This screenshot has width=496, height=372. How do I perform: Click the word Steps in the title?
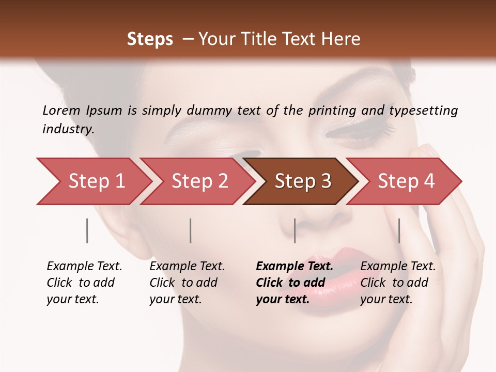(x=150, y=39)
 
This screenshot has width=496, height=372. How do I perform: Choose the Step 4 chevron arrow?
(x=406, y=181)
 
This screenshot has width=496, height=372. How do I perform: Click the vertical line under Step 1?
(x=87, y=230)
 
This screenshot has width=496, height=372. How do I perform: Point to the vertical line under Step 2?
(x=191, y=230)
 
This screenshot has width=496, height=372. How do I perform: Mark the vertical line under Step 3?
(x=295, y=230)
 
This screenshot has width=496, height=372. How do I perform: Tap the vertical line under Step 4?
(x=399, y=230)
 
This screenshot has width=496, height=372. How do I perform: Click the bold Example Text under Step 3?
(x=295, y=283)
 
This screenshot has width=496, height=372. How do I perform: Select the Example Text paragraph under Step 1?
(x=84, y=283)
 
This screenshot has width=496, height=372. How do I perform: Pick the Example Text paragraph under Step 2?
(x=187, y=283)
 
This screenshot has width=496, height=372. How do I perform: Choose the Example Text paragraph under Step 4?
(x=398, y=283)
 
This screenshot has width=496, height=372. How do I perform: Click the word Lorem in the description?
(x=61, y=111)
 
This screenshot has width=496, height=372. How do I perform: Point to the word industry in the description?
(x=68, y=129)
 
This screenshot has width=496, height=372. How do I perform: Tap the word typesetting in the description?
(x=423, y=111)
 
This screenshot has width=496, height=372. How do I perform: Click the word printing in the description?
(x=332, y=111)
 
